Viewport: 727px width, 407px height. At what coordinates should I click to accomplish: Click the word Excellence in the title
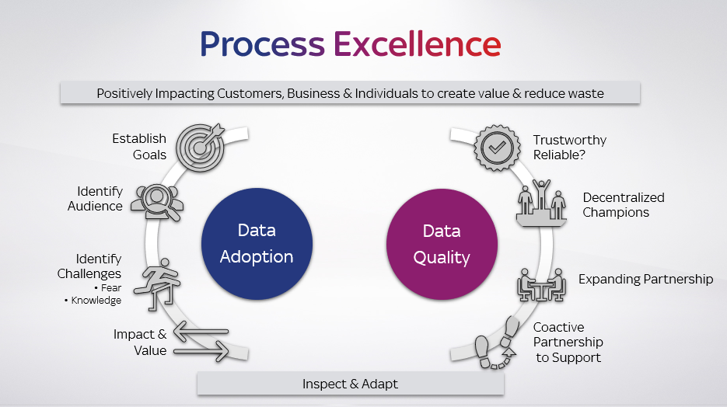(x=418, y=43)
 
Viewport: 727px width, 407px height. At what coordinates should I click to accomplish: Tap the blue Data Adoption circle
(x=256, y=244)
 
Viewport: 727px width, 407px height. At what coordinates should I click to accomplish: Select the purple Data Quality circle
(x=441, y=244)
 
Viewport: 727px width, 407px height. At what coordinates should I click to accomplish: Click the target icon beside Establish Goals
(x=200, y=145)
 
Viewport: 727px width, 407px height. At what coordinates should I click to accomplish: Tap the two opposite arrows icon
(x=201, y=340)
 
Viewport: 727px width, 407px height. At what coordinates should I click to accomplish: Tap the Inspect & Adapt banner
(x=350, y=384)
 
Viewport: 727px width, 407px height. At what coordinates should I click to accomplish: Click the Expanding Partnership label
(x=645, y=279)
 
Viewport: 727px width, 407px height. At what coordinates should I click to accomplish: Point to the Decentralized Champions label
(x=624, y=205)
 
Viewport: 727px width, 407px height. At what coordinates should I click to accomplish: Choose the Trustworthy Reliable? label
(x=569, y=148)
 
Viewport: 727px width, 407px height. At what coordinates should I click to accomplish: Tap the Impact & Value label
(x=140, y=343)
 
